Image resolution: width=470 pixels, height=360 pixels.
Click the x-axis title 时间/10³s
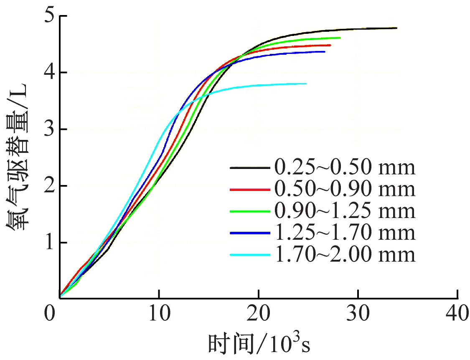point(259,345)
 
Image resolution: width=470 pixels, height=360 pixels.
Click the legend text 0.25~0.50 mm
point(345,167)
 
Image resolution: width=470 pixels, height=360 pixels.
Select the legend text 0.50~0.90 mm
point(345,189)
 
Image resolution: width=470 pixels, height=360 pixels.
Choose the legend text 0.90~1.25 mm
point(345,211)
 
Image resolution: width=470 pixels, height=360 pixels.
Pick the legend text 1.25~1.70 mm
point(345,233)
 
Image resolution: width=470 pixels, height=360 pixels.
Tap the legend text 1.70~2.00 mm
point(345,254)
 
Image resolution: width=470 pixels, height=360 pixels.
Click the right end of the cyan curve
point(306,84)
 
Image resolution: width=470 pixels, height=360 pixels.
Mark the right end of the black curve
point(396,28)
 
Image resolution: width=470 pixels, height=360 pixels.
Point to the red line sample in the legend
point(249,189)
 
